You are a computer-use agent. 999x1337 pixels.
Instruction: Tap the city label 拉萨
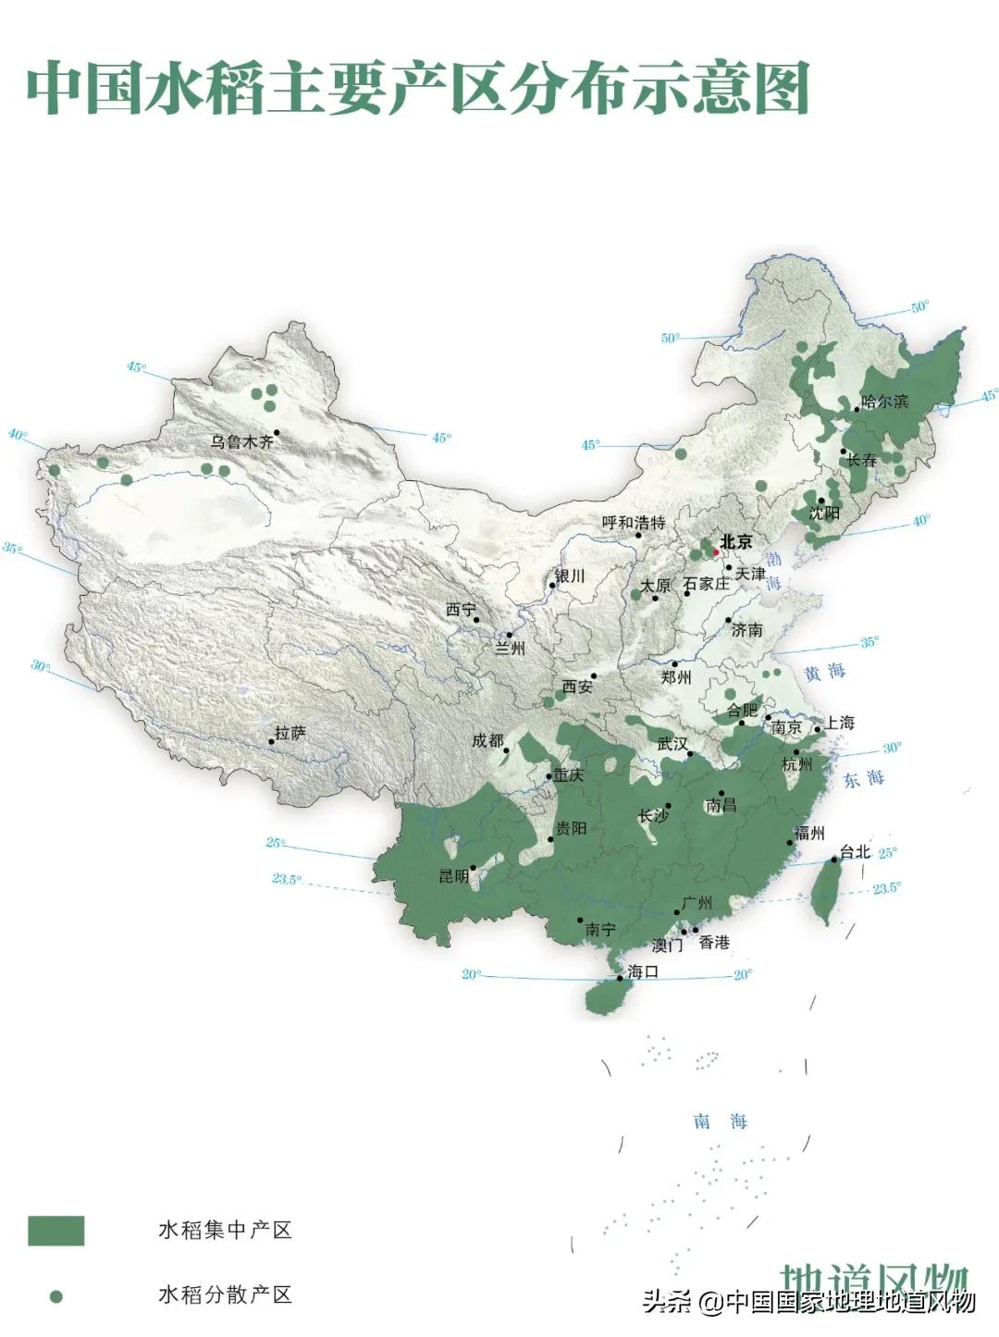tap(290, 733)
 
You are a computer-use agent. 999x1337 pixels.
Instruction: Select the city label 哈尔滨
tap(884, 402)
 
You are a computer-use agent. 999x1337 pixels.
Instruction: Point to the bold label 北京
tap(736, 542)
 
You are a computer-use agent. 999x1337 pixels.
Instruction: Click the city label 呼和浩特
tap(634, 523)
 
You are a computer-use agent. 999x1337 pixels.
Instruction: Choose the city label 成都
tap(487, 741)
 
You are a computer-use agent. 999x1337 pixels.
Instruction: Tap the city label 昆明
tap(453, 876)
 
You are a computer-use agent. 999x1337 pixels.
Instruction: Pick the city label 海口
tap(642, 972)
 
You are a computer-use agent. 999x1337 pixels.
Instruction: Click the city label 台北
tap(855, 852)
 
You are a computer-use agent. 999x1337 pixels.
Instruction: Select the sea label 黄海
tap(824, 673)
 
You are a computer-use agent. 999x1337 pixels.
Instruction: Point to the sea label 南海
tap(721, 1121)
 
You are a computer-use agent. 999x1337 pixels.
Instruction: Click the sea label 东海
tap(863, 779)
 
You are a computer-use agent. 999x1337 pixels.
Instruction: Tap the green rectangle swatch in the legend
tap(55, 1231)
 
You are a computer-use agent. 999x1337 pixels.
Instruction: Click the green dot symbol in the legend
tap(56, 1296)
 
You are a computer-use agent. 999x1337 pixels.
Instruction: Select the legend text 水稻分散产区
tap(225, 1294)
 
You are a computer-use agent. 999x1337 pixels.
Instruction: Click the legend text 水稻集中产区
tap(225, 1230)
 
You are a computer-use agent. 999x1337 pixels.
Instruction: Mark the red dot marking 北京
tap(715, 552)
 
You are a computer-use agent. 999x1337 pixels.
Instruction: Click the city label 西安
tap(577, 687)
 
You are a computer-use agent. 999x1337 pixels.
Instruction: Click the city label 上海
tap(840, 723)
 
